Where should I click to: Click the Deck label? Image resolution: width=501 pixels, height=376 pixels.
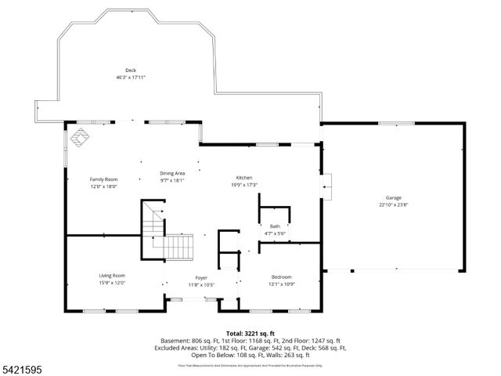pyautogui.click(x=130, y=70)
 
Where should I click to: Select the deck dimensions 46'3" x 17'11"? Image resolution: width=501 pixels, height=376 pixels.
pyautogui.click(x=130, y=77)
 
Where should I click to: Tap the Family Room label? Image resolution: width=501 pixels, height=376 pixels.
pyautogui.click(x=103, y=179)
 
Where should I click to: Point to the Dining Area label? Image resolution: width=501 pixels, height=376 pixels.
pyautogui.click(x=172, y=173)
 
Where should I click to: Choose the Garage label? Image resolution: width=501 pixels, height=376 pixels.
pyautogui.click(x=393, y=198)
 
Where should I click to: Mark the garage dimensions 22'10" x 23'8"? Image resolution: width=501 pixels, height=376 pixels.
pyautogui.click(x=393, y=204)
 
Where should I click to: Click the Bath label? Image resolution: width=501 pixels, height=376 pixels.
pyautogui.click(x=275, y=226)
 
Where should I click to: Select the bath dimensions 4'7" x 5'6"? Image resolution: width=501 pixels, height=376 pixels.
pyautogui.click(x=275, y=233)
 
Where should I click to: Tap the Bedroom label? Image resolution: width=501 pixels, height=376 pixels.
pyautogui.click(x=282, y=277)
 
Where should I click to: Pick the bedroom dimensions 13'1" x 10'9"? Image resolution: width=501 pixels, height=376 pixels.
pyautogui.click(x=282, y=284)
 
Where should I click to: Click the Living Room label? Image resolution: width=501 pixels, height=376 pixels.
pyautogui.click(x=112, y=276)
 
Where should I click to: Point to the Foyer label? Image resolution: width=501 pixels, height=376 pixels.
pyautogui.click(x=201, y=277)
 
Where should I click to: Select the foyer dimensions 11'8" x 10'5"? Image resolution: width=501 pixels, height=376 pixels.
pyautogui.click(x=201, y=284)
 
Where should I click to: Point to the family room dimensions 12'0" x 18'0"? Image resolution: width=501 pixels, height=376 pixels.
pyautogui.click(x=103, y=186)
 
